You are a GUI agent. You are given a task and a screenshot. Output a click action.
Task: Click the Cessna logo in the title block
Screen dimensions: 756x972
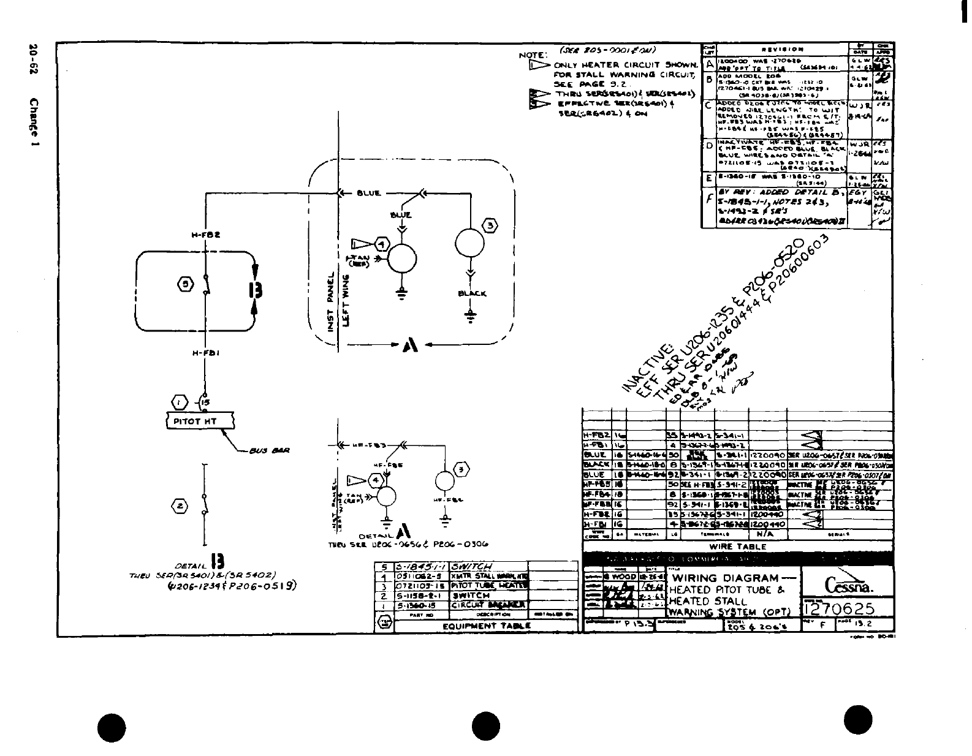coord(849,586)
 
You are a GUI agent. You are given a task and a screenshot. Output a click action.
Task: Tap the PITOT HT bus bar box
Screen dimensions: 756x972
coord(200,421)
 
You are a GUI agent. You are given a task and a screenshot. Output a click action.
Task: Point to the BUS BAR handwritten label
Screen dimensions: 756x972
coord(270,451)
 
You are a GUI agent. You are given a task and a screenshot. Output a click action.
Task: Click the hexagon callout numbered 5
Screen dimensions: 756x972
coord(186,283)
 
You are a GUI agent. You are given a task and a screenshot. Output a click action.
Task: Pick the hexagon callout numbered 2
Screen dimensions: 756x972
coord(180,506)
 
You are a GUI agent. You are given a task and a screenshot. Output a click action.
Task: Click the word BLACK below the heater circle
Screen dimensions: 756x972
coord(472,293)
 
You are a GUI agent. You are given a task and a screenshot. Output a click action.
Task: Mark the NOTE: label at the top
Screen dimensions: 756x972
coord(531,55)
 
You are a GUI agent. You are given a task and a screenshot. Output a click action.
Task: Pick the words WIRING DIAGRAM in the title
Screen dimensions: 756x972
coord(726,578)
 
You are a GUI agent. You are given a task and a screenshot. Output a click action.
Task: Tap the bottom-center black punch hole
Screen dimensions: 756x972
coord(486,727)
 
